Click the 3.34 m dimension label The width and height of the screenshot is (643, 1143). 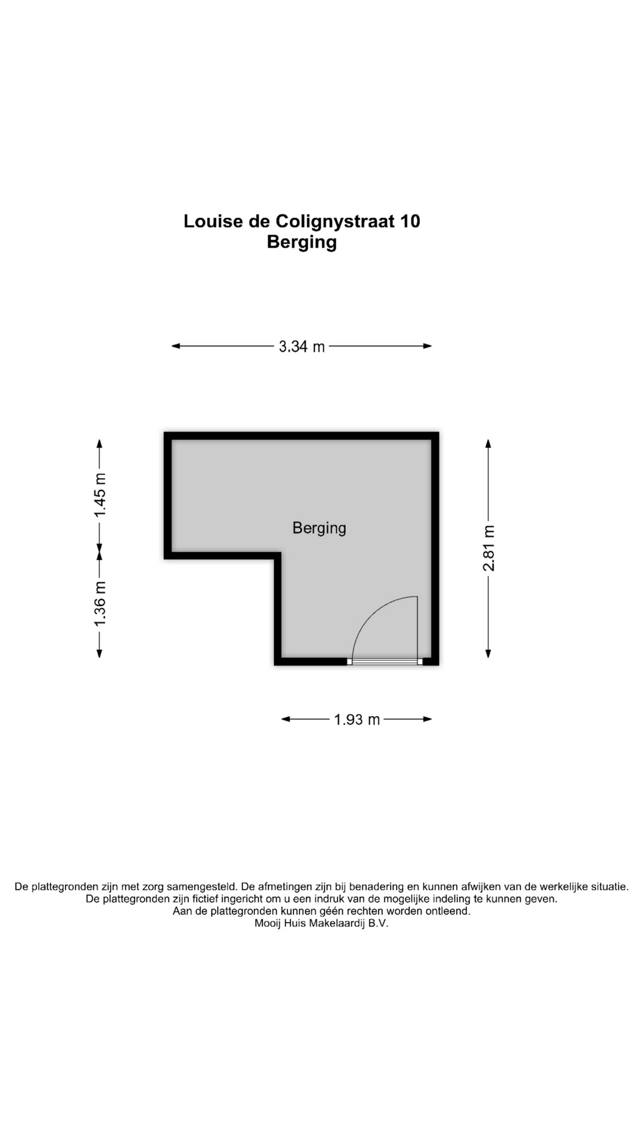[302, 346]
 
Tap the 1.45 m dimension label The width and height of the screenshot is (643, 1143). [100, 494]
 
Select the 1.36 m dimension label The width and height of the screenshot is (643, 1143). [100, 604]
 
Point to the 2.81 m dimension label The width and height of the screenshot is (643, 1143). [489, 548]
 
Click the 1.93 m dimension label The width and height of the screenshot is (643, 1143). [357, 720]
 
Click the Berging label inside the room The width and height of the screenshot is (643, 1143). [319, 528]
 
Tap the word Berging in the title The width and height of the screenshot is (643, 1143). [302, 242]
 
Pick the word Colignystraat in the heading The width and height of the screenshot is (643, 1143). [335, 221]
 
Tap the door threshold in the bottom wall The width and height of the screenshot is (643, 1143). [385, 661]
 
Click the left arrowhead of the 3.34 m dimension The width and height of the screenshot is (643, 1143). [176, 346]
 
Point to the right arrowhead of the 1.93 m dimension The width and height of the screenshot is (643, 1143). [427, 719]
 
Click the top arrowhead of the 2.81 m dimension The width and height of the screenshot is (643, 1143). [488, 444]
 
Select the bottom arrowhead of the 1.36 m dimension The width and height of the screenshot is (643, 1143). [99, 654]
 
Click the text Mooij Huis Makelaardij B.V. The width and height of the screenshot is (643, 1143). [321, 924]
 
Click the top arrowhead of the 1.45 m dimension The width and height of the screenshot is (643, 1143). [99, 444]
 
